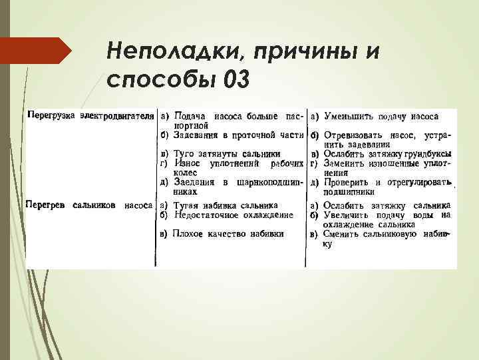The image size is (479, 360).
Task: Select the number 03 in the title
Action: (238, 79)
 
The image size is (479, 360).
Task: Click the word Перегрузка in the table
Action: (51, 115)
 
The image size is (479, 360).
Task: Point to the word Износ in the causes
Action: (188, 163)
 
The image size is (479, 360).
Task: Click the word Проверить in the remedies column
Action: (347, 182)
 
